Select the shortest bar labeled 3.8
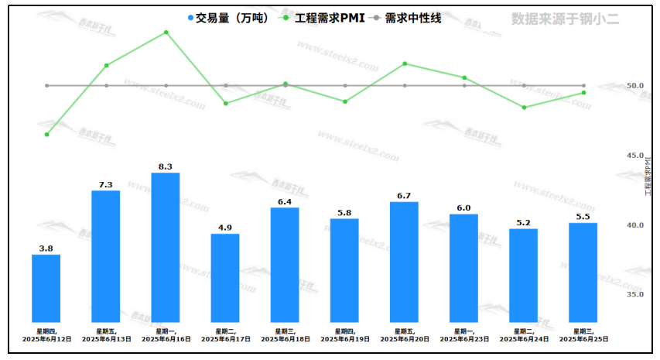coord(46,288)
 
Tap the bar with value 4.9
coord(225,278)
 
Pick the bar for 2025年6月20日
coord(405,262)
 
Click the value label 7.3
coord(106,184)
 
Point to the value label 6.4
coord(285,201)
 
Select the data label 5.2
coord(524,222)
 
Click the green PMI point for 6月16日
coord(166,33)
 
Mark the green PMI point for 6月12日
coord(46,135)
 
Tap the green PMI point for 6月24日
coord(524,108)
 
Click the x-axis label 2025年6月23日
coord(464,339)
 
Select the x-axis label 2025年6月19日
coord(345,339)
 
